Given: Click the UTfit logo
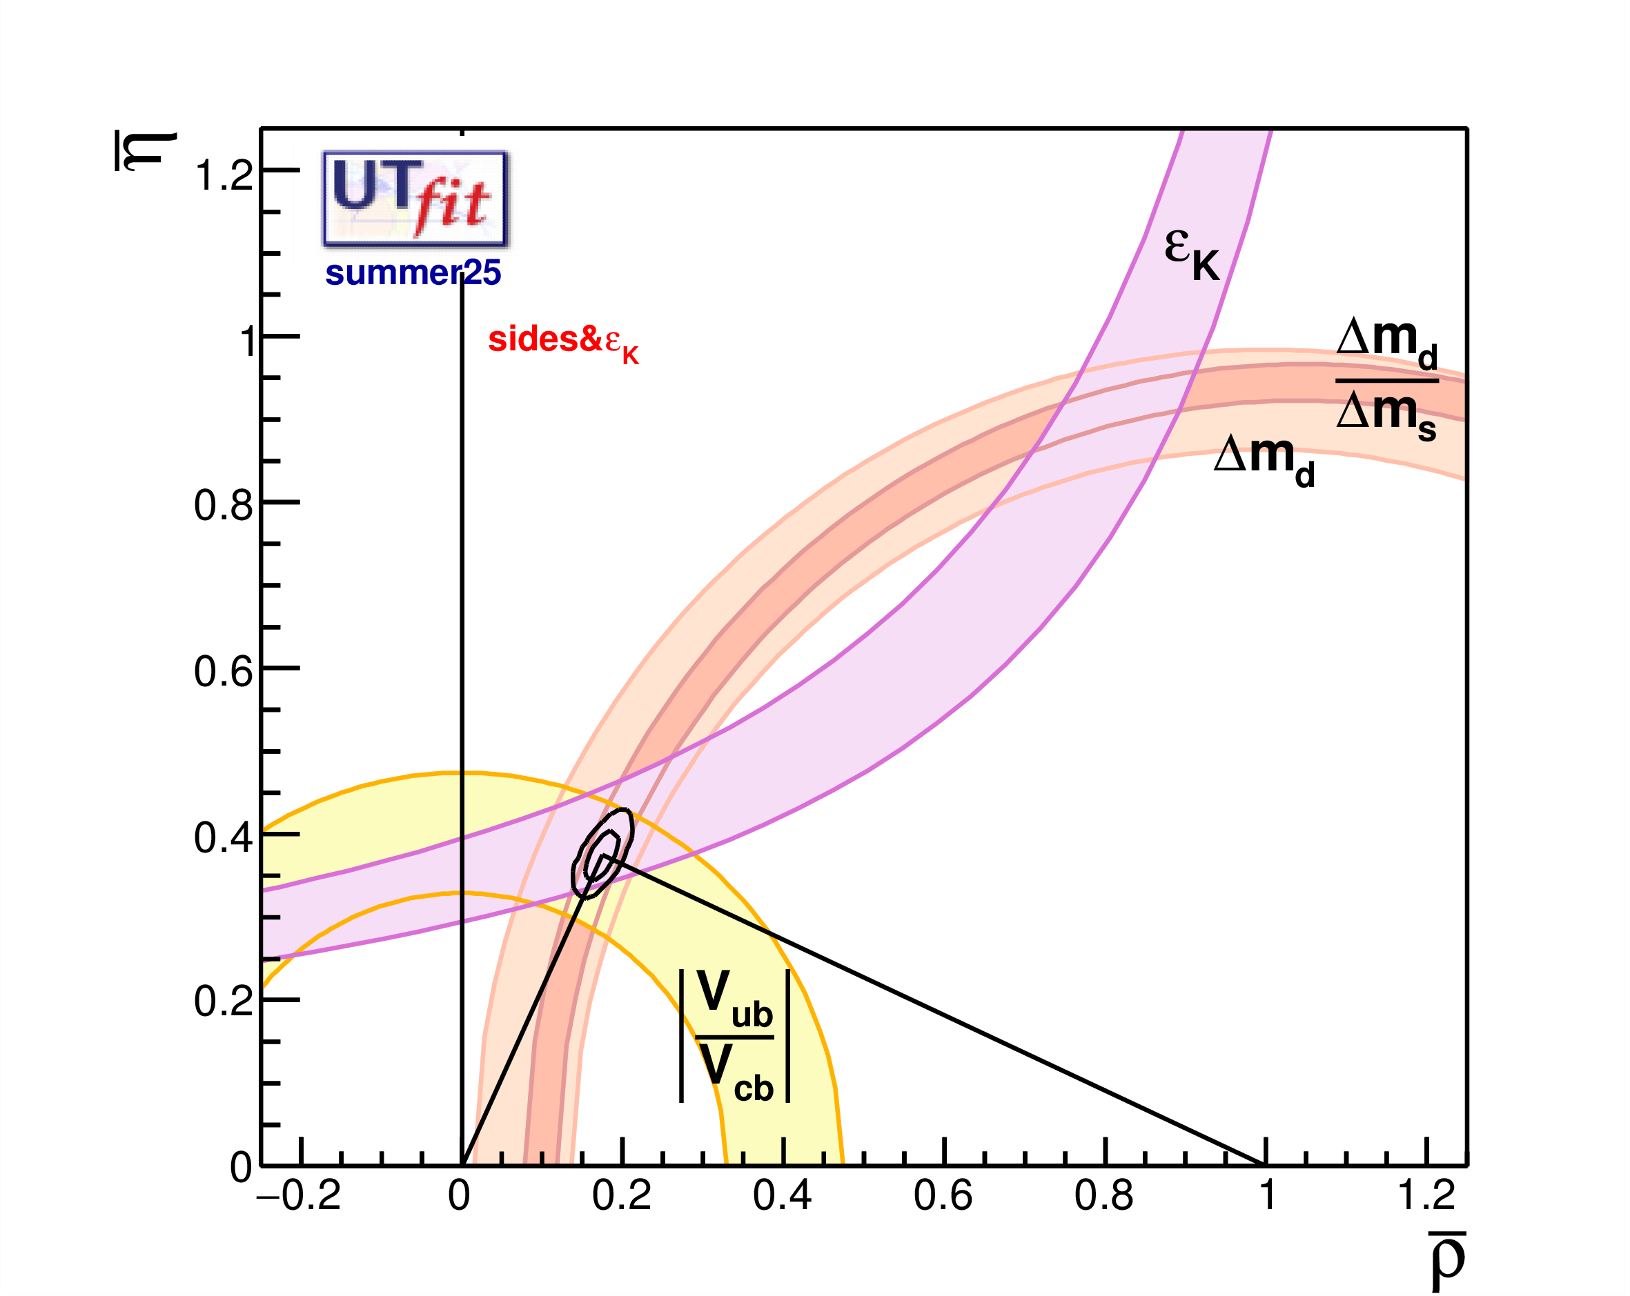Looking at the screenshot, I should point(415,198).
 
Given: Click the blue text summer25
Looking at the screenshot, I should point(413,273).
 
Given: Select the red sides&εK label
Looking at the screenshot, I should point(563,341).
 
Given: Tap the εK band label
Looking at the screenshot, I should point(1192,255).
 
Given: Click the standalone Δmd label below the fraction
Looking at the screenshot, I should point(1264,460).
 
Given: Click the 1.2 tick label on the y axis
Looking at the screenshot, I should point(224,175).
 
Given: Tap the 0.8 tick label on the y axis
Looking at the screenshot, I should point(224,505).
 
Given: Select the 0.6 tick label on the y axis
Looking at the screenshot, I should point(224,671).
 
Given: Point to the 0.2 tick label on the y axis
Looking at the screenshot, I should point(224,1002).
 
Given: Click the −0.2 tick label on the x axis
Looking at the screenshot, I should point(300,1196).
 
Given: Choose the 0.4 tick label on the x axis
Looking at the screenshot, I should point(783,1196).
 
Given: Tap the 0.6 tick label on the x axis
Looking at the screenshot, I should point(943,1196).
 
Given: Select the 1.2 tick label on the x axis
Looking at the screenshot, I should point(1426,1196).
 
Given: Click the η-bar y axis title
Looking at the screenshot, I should point(146,151).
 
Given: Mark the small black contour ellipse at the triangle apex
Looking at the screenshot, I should point(602,854).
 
